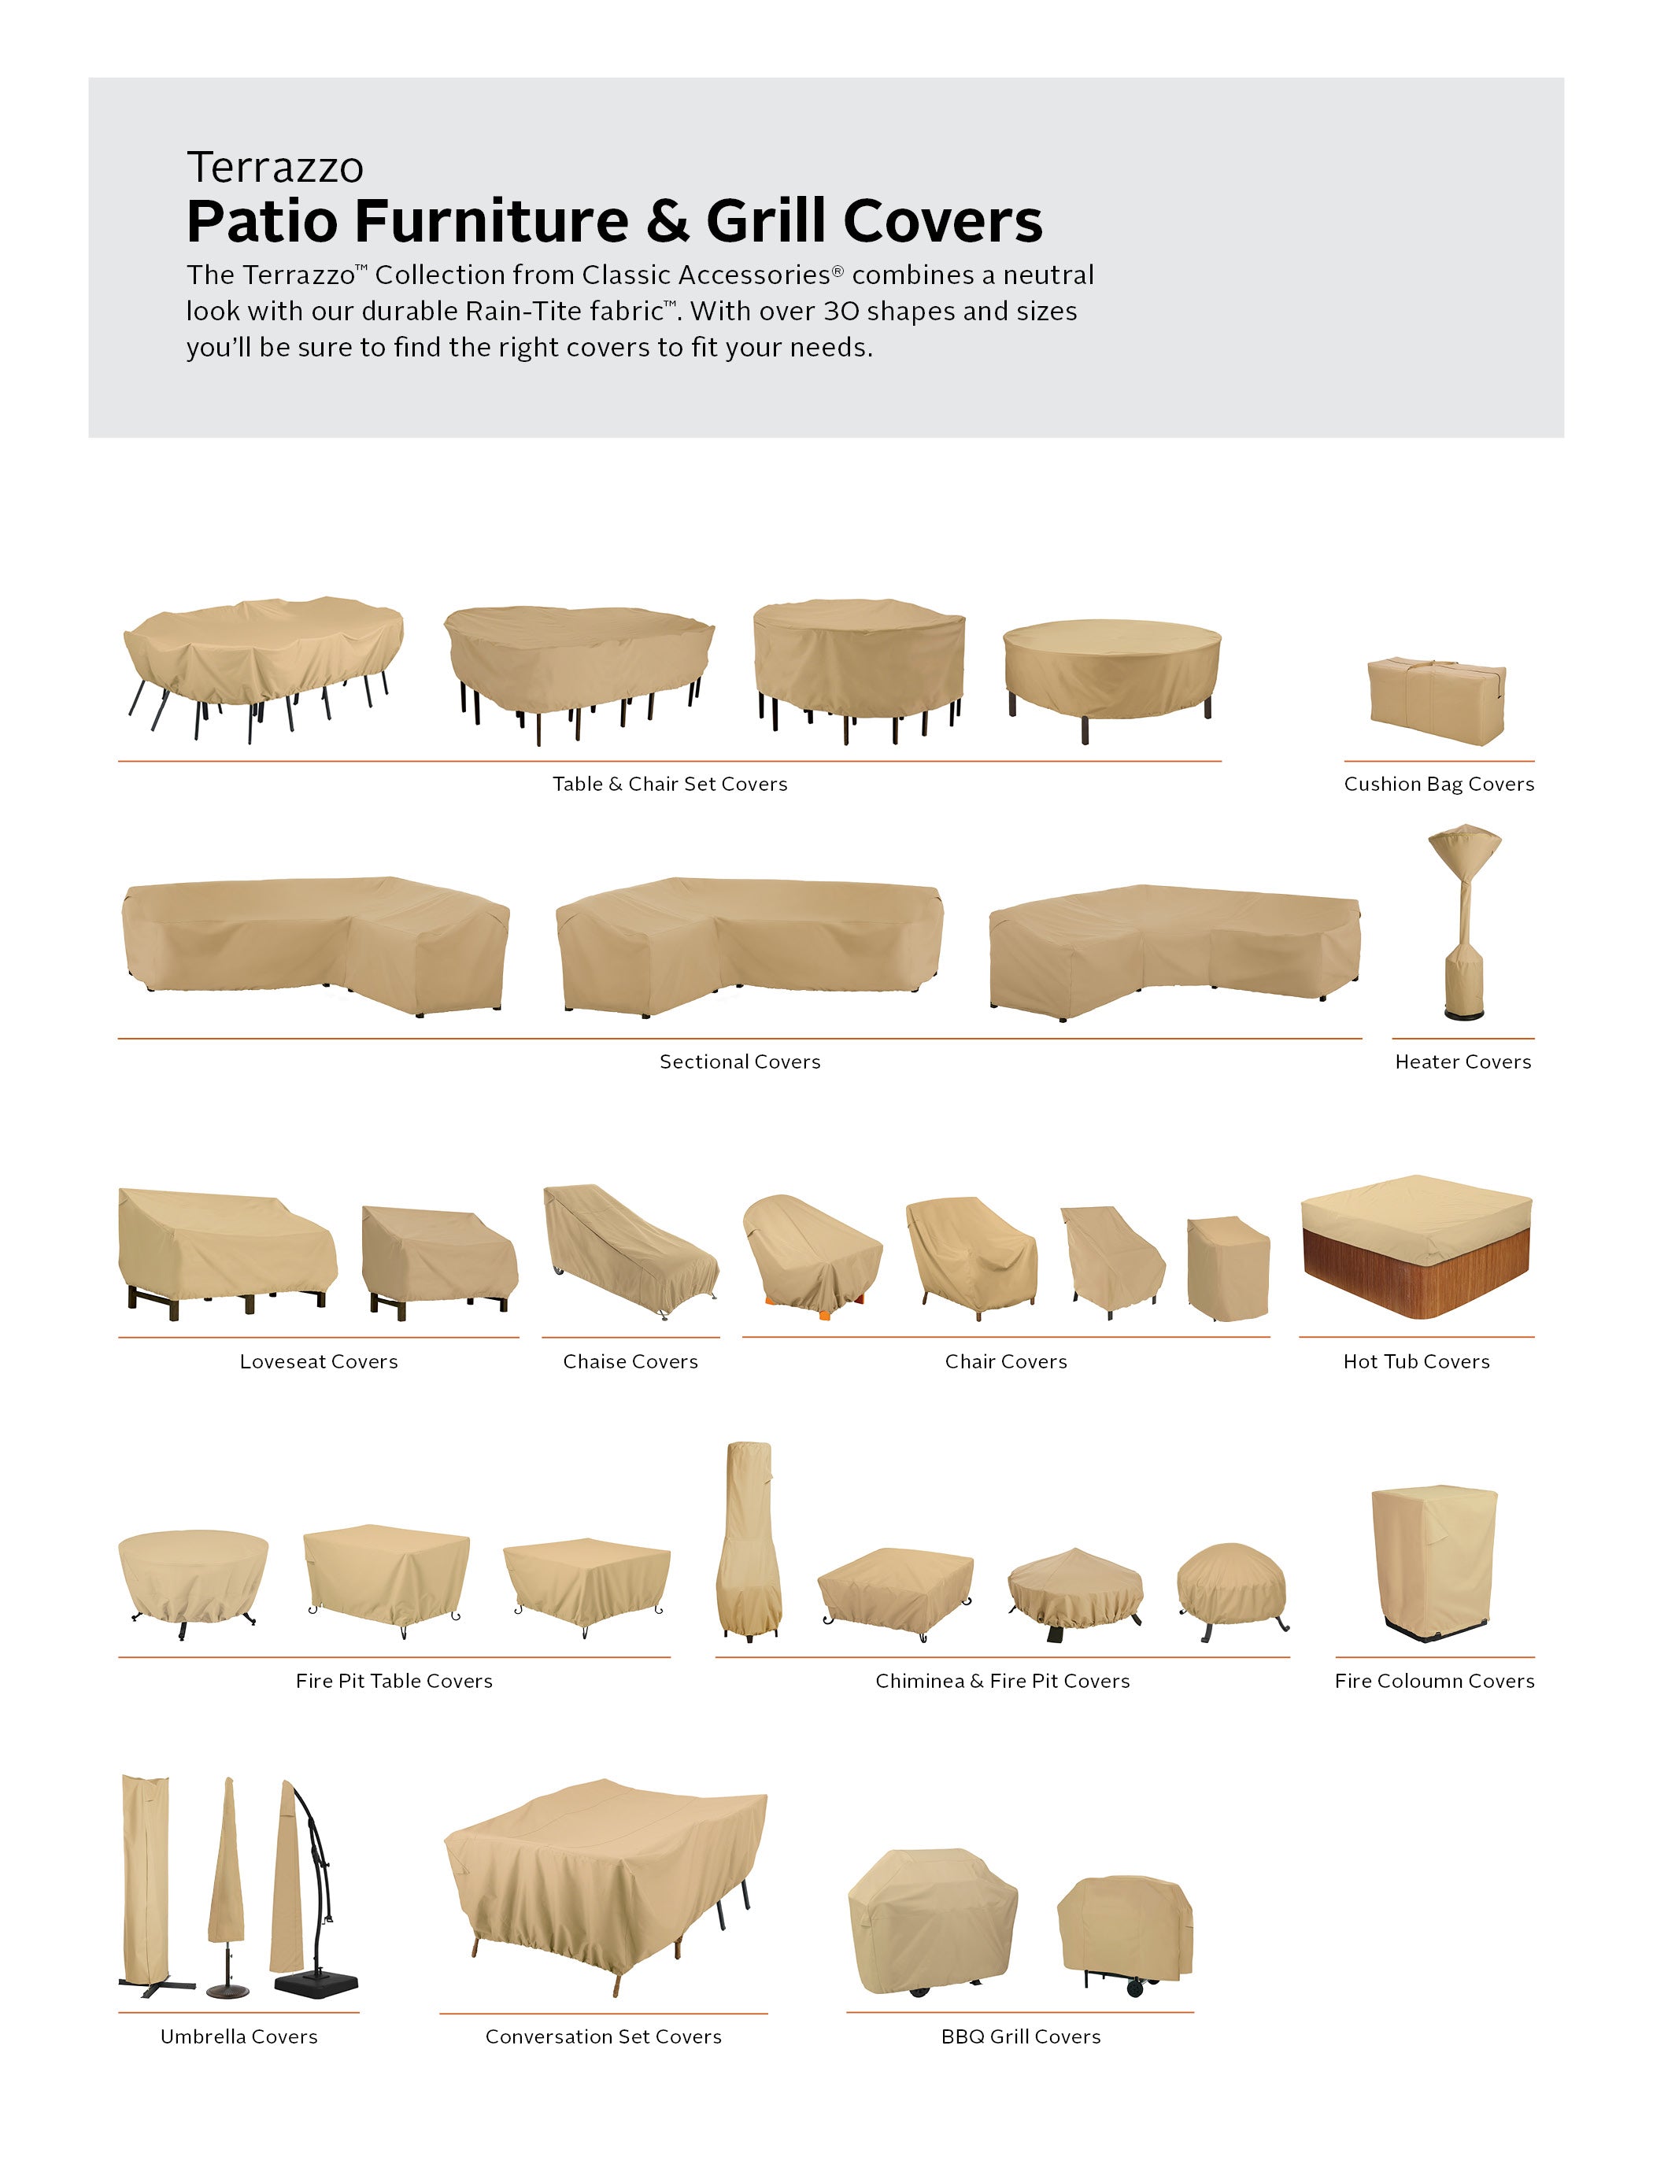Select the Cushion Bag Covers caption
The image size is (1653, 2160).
click(1439, 784)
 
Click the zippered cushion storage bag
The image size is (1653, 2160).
click(1437, 700)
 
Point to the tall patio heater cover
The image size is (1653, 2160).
click(1464, 921)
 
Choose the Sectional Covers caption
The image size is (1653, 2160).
click(740, 1062)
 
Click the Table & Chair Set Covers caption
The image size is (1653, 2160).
click(670, 784)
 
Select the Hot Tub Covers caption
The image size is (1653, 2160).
click(1417, 1361)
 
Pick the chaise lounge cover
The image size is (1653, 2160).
click(631, 1251)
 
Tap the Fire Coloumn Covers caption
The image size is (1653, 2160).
click(1434, 1681)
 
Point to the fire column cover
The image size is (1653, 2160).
click(1433, 1562)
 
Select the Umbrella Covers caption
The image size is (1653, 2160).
click(239, 2037)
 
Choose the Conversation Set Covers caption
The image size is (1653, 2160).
click(603, 2037)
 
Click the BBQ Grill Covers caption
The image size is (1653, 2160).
click(1020, 2037)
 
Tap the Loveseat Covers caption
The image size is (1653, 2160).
click(319, 1361)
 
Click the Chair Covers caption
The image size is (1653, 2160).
click(1006, 1361)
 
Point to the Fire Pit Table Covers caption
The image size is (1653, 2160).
click(394, 1681)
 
